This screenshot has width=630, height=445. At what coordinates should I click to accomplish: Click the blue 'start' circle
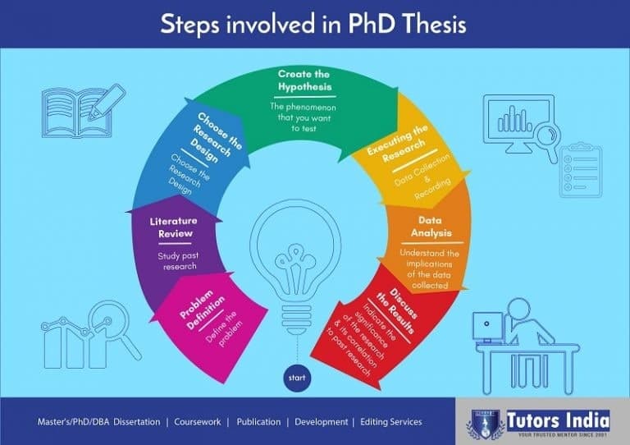pyautogui.click(x=297, y=378)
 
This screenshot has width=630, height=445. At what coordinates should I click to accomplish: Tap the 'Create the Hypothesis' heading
pyautogui.click(x=304, y=80)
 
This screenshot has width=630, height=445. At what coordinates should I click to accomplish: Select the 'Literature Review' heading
pyautogui.click(x=174, y=227)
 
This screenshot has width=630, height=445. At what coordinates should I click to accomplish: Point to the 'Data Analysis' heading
pyautogui.click(x=431, y=227)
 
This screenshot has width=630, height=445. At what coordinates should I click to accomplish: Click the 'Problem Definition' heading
pyautogui.click(x=202, y=310)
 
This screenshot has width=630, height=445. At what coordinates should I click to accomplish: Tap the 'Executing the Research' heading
pyautogui.click(x=399, y=143)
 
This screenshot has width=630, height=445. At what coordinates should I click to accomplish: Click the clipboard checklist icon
pyautogui.click(x=581, y=170)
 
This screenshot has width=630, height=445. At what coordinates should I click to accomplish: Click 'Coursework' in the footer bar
pyautogui.click(x=197, y=422)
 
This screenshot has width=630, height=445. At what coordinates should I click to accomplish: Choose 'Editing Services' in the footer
pyautogui.click(x=391, y=422)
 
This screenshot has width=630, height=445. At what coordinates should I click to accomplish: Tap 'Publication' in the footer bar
pyautogui.click(x=258, y=422)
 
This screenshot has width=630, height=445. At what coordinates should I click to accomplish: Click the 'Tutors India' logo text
pyautogui.click(x=558, y=421)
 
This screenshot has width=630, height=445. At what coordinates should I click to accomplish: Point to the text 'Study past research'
pyautogui.click(x=178, y=261)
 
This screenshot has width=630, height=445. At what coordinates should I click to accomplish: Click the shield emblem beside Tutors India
pyautogui.click(x=486, y=425)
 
